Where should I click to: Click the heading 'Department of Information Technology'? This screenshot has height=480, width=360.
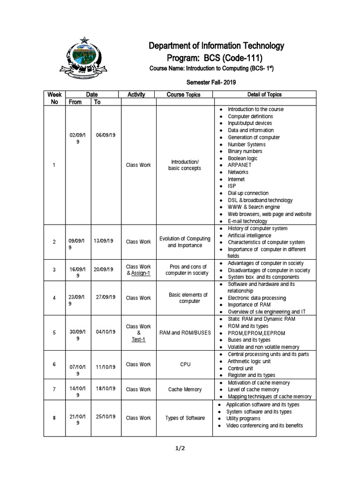click(x=216, y=46)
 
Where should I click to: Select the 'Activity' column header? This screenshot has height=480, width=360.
click(x=136, y=95)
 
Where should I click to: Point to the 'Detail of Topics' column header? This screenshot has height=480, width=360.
click(x=264, y=95)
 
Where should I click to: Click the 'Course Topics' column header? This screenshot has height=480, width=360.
click(x=183, y=95)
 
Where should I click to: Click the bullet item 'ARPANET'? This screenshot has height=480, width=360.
click(x=240, y=165)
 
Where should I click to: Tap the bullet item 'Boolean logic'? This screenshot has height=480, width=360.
click(x=242, y=158)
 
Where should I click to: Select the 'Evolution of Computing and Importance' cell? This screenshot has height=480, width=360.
click(x=185, y=242)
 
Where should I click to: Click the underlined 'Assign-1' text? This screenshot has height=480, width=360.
click(x=141, y=273)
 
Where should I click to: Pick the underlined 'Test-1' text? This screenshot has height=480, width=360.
click(x=138, y=339)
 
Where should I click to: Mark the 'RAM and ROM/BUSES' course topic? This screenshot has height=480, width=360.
click(x=185, y=333)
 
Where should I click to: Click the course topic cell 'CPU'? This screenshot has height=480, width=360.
click(x=185, y=364)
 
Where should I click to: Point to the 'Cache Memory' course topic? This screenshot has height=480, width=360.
click(x=185, y=390)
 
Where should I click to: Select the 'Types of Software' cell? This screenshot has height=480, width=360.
click(x=185, y=418)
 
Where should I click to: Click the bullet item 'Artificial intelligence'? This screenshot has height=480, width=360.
click(x=249, y=235)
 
